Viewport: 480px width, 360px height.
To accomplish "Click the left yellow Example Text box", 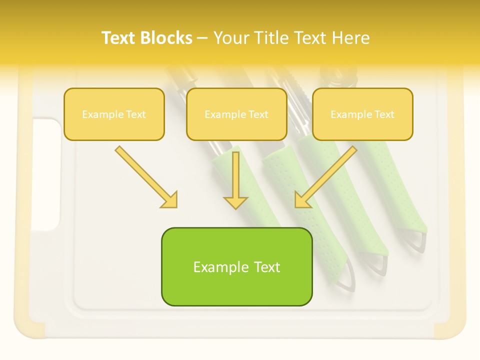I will [x=114, y=114].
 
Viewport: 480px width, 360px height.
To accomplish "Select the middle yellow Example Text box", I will [x=236, y=114].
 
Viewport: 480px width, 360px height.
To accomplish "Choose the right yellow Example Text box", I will [x=362, y=114].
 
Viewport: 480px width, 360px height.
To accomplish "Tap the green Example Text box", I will [x=236, y=266].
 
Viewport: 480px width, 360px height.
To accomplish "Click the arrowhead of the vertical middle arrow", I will [x=235, y=202].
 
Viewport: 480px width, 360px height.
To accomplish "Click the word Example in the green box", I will [x=214, y=267].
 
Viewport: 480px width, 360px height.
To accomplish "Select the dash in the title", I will [x=202, y=38].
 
